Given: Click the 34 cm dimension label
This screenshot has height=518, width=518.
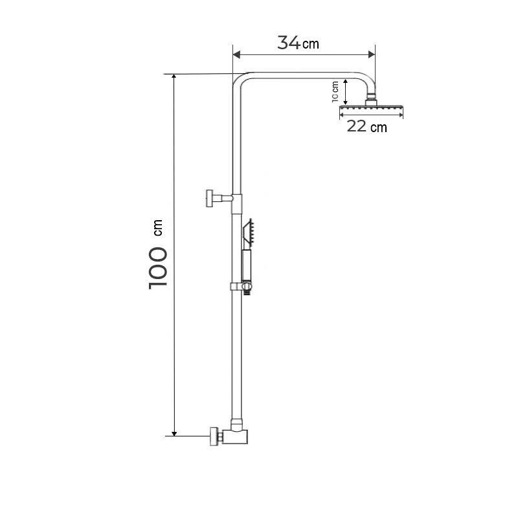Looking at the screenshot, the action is click(x=298, y=43).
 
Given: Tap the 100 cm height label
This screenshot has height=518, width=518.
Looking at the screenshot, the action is click(x=157, y=254).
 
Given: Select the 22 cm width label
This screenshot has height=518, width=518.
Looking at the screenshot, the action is click(x=366, y=126).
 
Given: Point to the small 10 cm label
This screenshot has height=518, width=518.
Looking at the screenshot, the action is click(x=335, y=91).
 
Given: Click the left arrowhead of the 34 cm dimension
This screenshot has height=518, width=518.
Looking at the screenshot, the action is click(x=236, y=54).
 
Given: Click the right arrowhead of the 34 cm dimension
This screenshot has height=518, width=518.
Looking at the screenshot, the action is click(x=372, y=54).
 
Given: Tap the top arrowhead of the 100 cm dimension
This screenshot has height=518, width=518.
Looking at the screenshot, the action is click(x=174, y=77).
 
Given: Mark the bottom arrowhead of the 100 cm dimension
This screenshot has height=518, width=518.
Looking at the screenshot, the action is click(x=174, y=433).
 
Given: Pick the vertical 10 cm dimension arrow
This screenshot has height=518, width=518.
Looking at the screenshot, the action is click(x=345, y=92).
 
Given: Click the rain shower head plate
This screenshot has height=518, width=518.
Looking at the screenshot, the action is click(x=371, y=107).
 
